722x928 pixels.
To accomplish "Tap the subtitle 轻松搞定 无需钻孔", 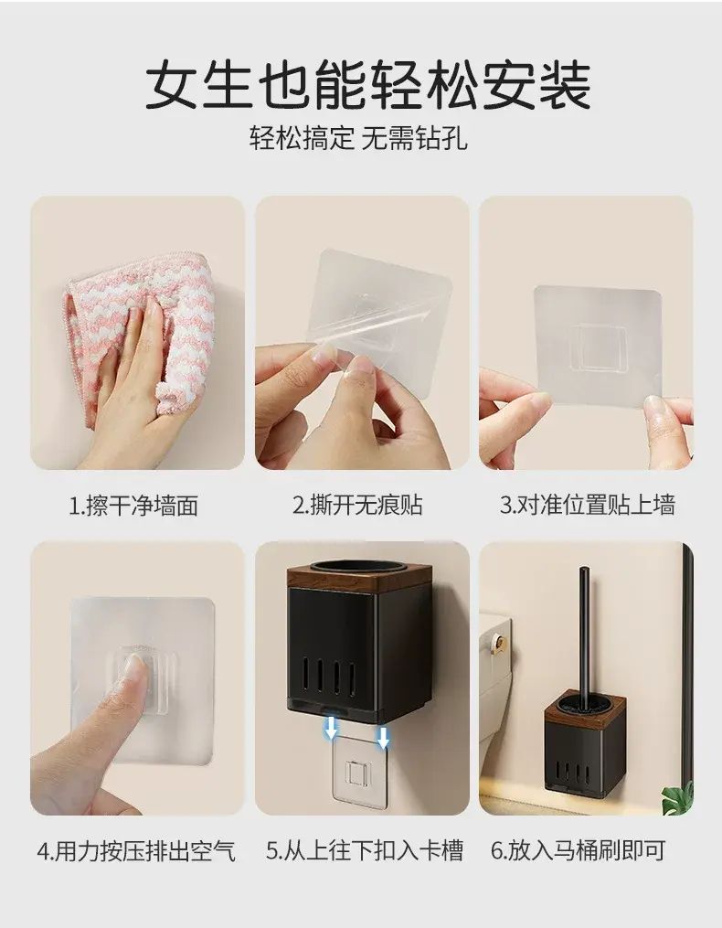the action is (x=358, y=138).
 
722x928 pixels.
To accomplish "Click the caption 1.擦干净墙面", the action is (x=133, y=506).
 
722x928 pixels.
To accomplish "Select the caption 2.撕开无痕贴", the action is (x=358, y=506).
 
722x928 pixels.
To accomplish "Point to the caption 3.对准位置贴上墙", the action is (x=587, y=506).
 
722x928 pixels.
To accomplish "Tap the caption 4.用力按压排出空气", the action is (x=136, y=851).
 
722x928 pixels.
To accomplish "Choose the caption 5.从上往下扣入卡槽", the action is (x=365, y=850).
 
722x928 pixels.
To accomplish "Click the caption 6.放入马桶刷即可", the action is (x=579, y=850).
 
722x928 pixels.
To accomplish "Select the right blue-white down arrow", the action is (x=384, y=738).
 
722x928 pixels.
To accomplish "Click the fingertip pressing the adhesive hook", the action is (x=133, y=667).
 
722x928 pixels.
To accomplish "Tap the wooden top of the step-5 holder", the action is (x=358, y=574).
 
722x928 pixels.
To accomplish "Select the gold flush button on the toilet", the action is (x=501, y=641).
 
